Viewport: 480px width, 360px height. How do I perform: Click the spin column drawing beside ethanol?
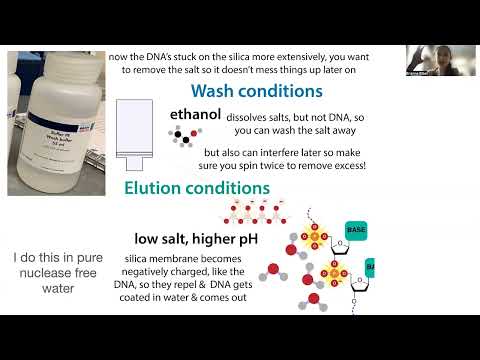point(134,129)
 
